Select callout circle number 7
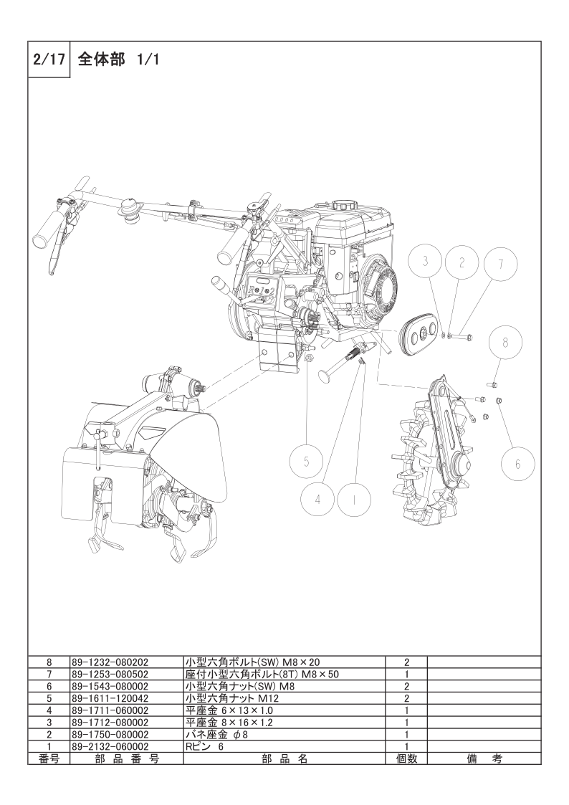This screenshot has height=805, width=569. pyautogui.click(x=462, y=262)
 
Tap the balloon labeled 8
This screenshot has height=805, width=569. pyautogui.click(x=505, y=343)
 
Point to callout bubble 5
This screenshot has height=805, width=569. pyautogui.click(x=306, y=462)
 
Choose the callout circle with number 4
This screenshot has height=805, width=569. pyautogui.click(x=317, y=499)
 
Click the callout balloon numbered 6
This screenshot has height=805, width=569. pyautogui.click(x=517, y=463)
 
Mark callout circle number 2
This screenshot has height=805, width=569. pyautogui.click(x=462, y=262)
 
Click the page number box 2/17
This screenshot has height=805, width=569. pyautogui.click(x=49, y=60)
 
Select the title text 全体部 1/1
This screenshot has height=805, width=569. pyautogui.click(x=118, y=60)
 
